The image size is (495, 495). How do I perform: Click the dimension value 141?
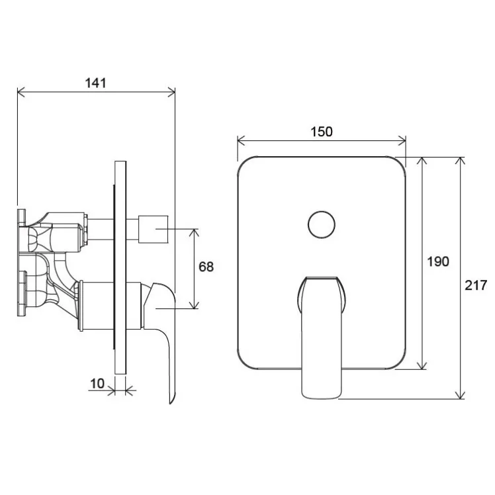coord(96,83)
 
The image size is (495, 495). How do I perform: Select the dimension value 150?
coord(322,132)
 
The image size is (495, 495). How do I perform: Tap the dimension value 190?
coord(438,261)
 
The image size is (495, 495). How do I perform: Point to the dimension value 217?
coord(476,285)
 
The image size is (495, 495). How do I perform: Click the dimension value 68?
coord(206,267)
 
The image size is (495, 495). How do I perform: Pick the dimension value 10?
coord(97,384)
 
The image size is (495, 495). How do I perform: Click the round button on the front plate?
coord(322,225)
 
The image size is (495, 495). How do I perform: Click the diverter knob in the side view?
coord(153,230)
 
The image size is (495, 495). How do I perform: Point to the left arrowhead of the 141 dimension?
coord(21,93)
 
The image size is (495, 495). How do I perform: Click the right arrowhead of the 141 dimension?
coord(171,93)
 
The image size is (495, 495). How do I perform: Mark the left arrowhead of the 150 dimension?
coord(241,141)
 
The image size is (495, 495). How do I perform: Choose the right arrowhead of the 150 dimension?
coord(402,141)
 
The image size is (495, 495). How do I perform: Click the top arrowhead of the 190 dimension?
coord(422,161)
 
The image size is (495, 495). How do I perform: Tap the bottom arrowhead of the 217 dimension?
coord(461,395)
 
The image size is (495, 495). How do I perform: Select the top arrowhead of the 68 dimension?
coord(195,233)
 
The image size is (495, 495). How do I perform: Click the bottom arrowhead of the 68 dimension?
coord(195,304)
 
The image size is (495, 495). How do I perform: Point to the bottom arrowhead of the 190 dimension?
coord(422,365)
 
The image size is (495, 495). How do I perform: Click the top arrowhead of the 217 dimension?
coord(461,161)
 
